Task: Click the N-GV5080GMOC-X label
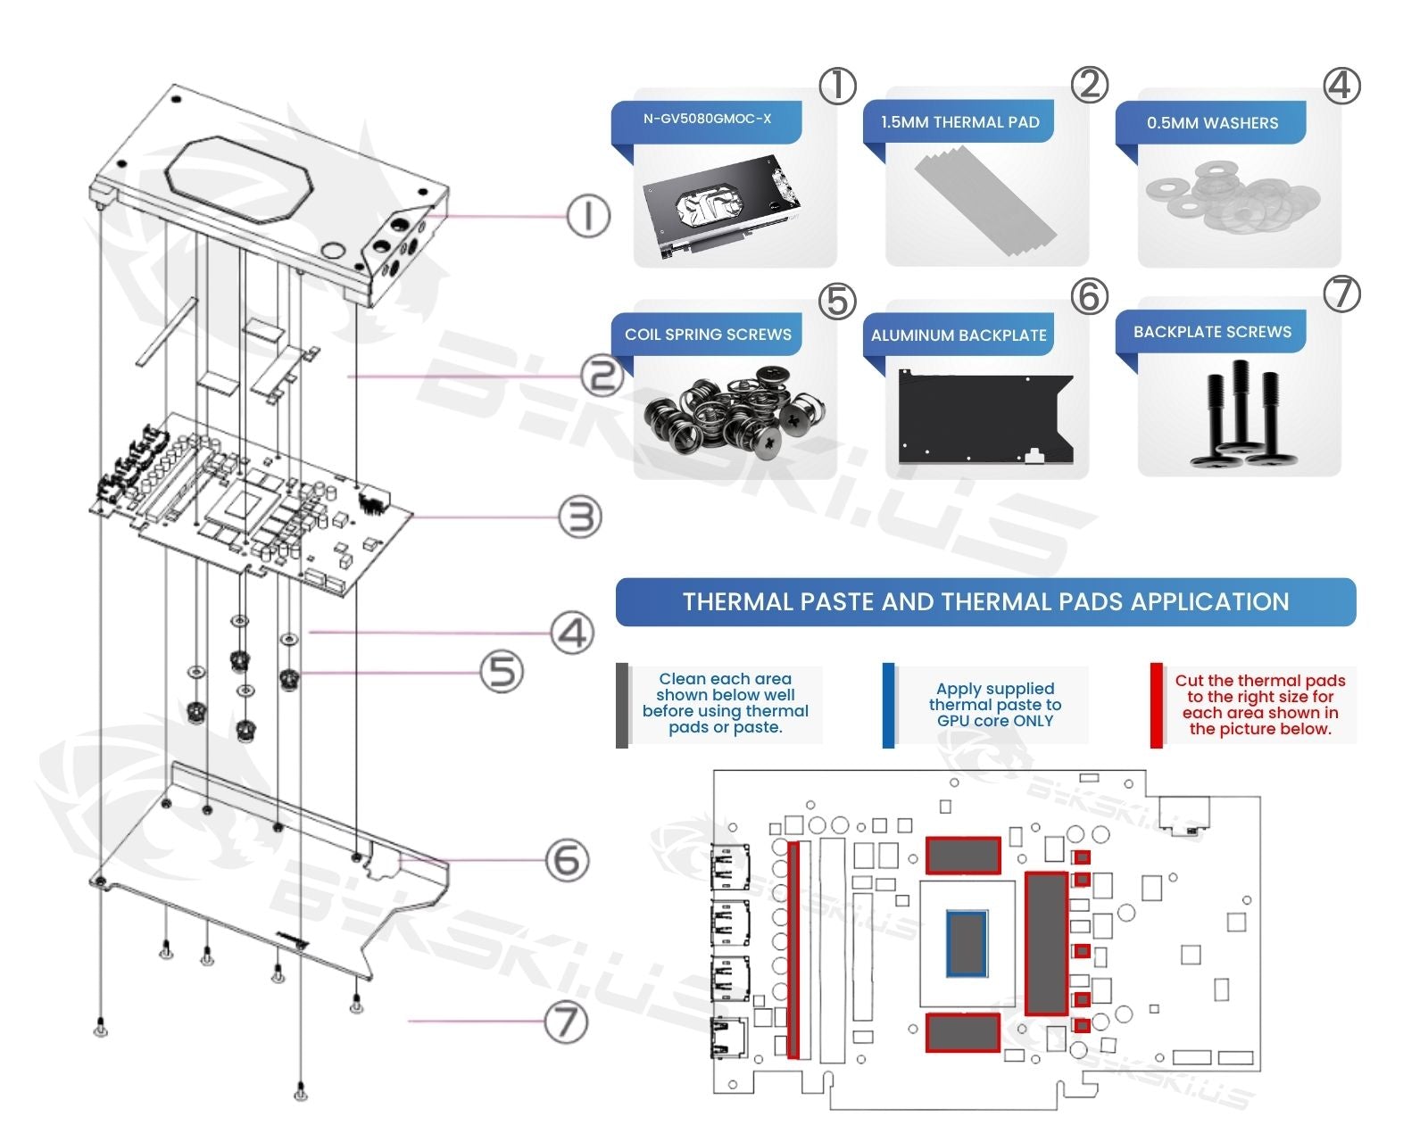point(707,119)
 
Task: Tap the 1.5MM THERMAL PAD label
point(959,122)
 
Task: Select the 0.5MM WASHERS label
point(1212,123)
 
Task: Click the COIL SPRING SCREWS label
point(708,335)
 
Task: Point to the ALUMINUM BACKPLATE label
point(959,335)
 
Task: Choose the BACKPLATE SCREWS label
point(1212,332)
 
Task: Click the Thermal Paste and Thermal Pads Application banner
point(985,602)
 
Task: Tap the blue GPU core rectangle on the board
point(967,942)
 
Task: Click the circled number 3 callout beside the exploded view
point(580,517)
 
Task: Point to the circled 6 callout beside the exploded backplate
point(568,861)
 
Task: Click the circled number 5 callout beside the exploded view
point(502,671)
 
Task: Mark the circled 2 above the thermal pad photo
point(1089,85)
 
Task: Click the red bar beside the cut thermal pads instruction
point(1157,705)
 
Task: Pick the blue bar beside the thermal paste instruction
point(888,705)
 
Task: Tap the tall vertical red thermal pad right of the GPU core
point(1046,943)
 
